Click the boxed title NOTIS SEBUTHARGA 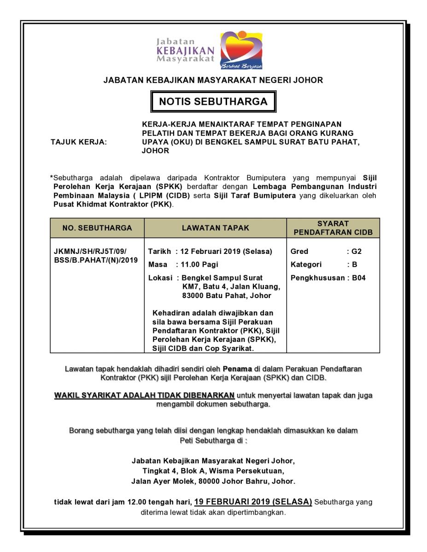(x=213, y=102)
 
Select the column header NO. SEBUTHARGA (x=97, y=228)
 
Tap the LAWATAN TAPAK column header (x=215, y=228)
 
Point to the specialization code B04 (x=359, y=278)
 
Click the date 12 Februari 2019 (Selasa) (x=227, y=252)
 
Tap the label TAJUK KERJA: (x=78, y=143)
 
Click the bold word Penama (x=238, y=368)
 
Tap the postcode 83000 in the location (x=193, y=296)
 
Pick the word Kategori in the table (x=306, y=265)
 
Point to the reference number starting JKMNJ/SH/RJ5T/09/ (x=90, y=252)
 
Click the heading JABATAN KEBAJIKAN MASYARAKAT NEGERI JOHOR (x=213, y=80)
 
